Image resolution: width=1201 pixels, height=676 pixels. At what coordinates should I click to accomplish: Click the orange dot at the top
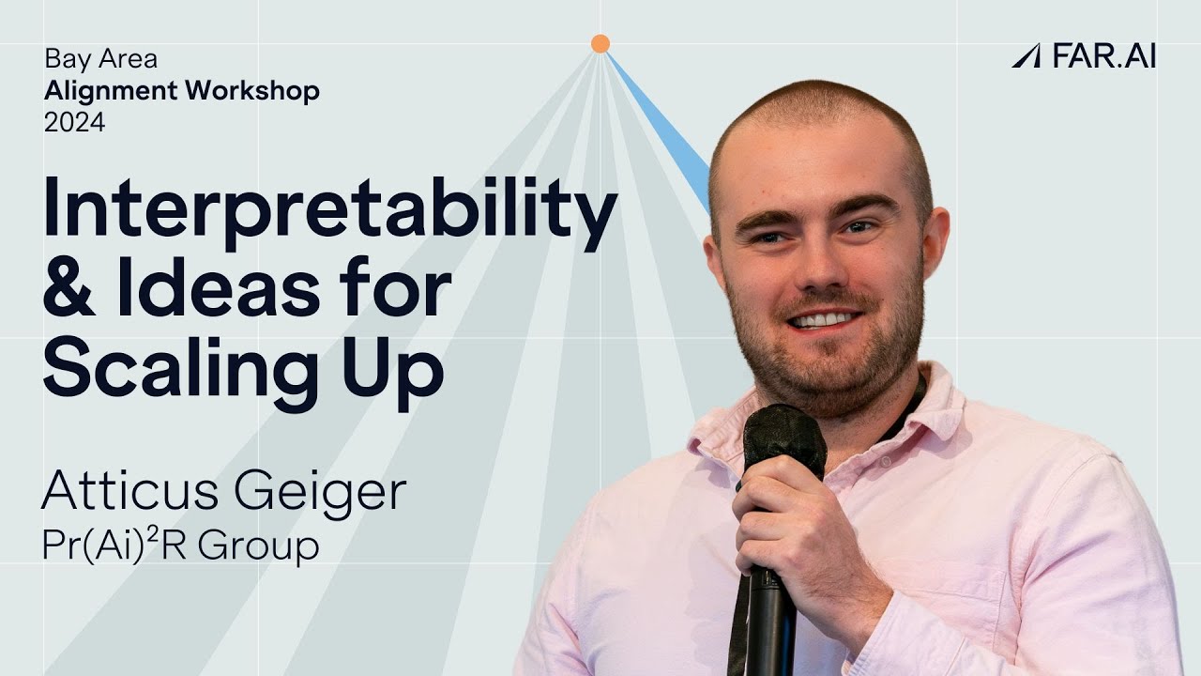coord(600,43)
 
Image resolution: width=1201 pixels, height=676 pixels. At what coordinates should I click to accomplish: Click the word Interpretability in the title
coord(329,210)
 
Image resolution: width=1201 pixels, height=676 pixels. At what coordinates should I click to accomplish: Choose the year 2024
coord(74,122)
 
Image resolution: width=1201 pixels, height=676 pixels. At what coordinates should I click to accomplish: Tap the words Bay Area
coord(100,59)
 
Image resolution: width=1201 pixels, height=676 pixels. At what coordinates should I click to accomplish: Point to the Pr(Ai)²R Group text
coord(180,545)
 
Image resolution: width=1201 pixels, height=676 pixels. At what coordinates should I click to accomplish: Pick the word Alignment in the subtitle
coord(111,91)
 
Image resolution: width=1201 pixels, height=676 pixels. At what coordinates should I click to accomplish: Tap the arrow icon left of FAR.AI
coord(1026,55)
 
